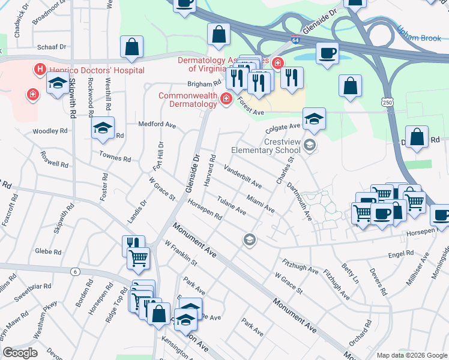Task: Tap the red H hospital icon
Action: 40,70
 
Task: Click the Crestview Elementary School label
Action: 265,146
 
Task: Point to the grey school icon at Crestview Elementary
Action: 310,144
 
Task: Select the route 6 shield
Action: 75,272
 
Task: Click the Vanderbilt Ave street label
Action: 243,175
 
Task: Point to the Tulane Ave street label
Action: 232,207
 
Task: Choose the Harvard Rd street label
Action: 209,170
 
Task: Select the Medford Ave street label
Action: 157,125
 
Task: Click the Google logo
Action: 20,353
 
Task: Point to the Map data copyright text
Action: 411,355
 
